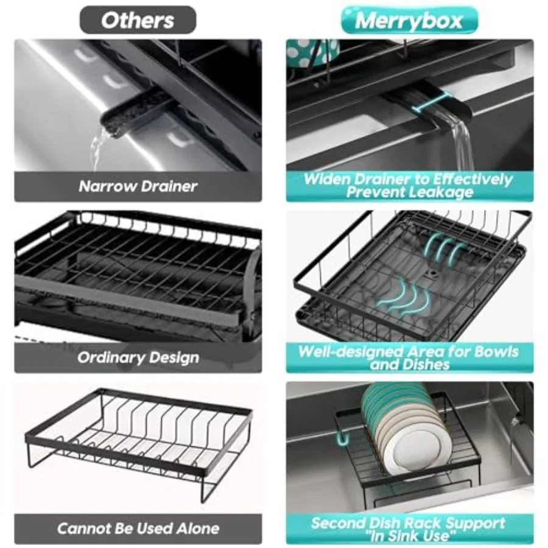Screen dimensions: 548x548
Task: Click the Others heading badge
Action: (138, 20)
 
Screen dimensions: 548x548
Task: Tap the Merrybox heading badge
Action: (409, 20)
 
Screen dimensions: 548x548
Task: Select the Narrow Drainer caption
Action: (138, 186)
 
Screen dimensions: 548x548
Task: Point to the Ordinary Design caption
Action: (138, 357)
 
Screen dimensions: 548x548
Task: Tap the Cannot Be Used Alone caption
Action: (138, 528)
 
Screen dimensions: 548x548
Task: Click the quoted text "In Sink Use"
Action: (409, 536)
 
